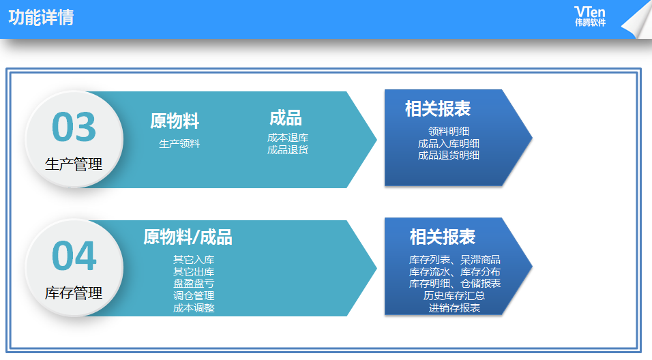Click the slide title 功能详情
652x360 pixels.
[41, 18]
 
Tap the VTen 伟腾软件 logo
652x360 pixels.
[590, 16]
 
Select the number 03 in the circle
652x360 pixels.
[74, 127]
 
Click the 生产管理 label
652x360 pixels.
[74, 164]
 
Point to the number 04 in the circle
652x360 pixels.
[74, 256]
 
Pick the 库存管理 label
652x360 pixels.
[74, 293]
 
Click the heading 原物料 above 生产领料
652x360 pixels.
[175, 121]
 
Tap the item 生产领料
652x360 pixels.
[179, 144]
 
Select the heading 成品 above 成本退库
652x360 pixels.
[286, 118]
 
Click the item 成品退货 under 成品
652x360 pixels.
[288, 149]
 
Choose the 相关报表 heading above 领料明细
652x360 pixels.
[438, 109]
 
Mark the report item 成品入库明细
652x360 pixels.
[449, 143]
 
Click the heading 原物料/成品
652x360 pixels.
[188, 237]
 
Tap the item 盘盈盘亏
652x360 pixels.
[194, 284]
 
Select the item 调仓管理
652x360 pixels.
[194, 295]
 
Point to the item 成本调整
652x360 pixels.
[194, 308]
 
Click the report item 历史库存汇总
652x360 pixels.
[454, 295]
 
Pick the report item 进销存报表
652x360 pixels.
[454, 308]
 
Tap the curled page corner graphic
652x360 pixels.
[638, 20]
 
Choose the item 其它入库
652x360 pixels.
[194, 260]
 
